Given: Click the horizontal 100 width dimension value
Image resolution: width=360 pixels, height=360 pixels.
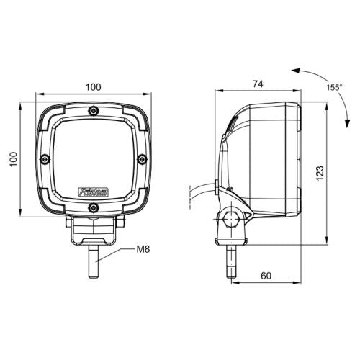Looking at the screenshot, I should tap(93, 86).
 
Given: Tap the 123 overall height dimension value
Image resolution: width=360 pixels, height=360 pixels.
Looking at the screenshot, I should tap(320, 173).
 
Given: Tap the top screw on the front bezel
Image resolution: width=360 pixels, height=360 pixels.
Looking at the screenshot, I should tap(93, 111).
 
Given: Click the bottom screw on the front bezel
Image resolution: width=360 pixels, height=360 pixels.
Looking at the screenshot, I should tap(93, 208).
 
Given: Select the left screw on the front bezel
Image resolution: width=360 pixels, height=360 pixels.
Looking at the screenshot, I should tap(45, 160).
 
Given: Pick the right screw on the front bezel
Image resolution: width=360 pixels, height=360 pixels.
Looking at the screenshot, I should tap(142, 160).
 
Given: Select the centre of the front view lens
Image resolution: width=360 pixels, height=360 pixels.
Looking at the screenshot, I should tap(93, 158).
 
